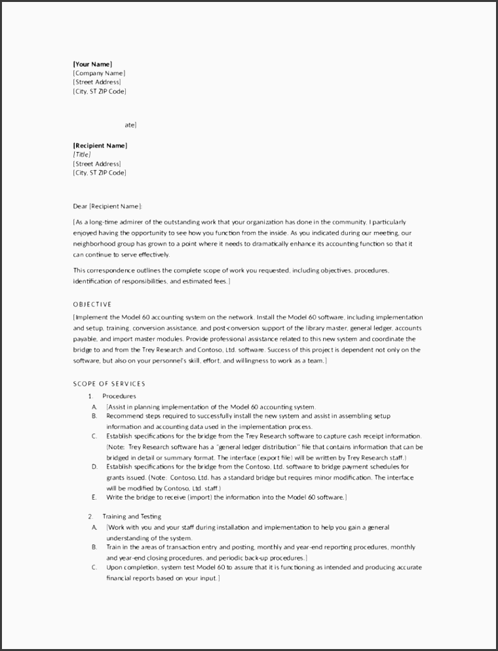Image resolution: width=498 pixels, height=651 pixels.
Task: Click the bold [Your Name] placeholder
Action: pyautogui.click(x=92, y=64)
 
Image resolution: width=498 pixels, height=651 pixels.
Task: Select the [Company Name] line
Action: pyautogui.click(x=99, y=73)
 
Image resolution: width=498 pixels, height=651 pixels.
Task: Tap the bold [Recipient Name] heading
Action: pyautogui.click(x=100, y=145)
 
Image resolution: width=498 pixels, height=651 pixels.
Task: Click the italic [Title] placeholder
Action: pyautogui.click(x=82, y=155)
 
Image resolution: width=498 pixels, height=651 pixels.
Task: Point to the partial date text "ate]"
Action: pyautogui.click(x=130, y=124)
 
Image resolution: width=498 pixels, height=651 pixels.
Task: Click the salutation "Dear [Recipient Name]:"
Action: pyautogui.click(x=107, y=206)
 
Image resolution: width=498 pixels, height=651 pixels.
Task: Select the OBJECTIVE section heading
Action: pyautogui.click(x=92, y=304)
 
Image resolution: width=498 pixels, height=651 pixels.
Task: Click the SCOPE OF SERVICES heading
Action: pyautogui.click(x=109, y=384)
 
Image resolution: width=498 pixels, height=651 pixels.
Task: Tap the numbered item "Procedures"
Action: pyautogui.click(x=119, y=396)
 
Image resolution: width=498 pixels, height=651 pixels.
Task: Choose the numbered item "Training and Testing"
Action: pyautogui.click(x=132, y=517)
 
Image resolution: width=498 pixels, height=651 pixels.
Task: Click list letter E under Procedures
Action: pyautogui.click(x=94, y=497)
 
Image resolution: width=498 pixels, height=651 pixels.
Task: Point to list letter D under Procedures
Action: pyautogui.click(x=94, y=467)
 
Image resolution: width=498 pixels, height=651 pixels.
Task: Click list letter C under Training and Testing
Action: pyautogui.click(x=94, y=567)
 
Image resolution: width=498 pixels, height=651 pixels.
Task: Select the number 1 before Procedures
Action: pyautogui.click(x=90, y=396)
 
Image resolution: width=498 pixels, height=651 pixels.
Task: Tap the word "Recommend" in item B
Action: pyautogui.click(x=123, y=416)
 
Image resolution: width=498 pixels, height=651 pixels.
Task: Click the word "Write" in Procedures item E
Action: pyautogui.click(x=115, y=497)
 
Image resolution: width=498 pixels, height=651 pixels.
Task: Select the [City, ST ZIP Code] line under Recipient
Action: pyautogui.click(x=100, y=173)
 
